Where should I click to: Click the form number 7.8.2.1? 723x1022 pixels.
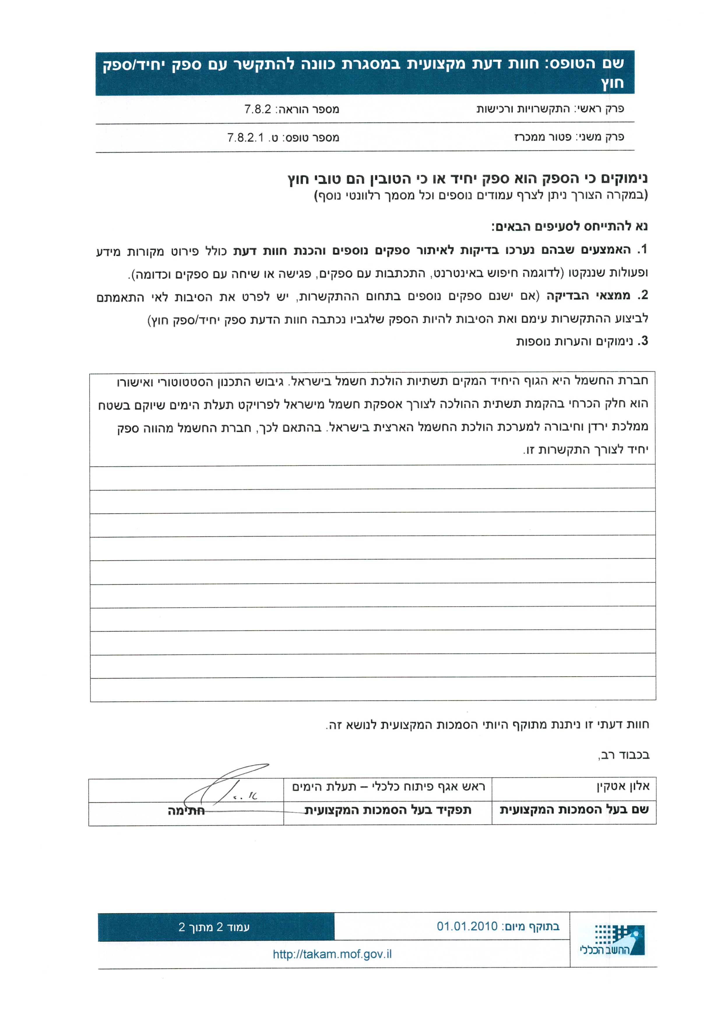click(245, 138)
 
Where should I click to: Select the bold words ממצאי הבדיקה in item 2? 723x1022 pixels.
click(588, 295)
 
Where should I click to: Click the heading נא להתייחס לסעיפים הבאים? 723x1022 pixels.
click(569, 226)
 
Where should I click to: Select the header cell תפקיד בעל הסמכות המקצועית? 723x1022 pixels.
click(388, 810)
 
